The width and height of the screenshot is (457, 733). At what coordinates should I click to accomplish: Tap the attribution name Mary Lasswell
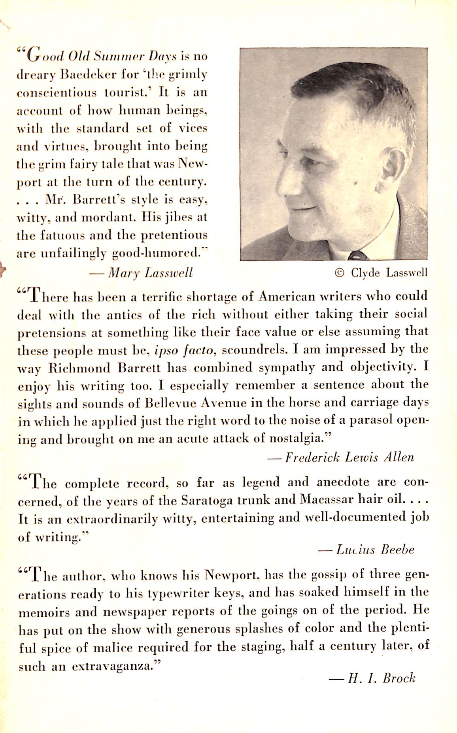(x=151, y=272)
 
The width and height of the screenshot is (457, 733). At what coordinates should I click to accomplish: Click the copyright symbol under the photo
(x=339, y=273)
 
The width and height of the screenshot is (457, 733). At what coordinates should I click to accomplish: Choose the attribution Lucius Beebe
(x=375, y=550)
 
